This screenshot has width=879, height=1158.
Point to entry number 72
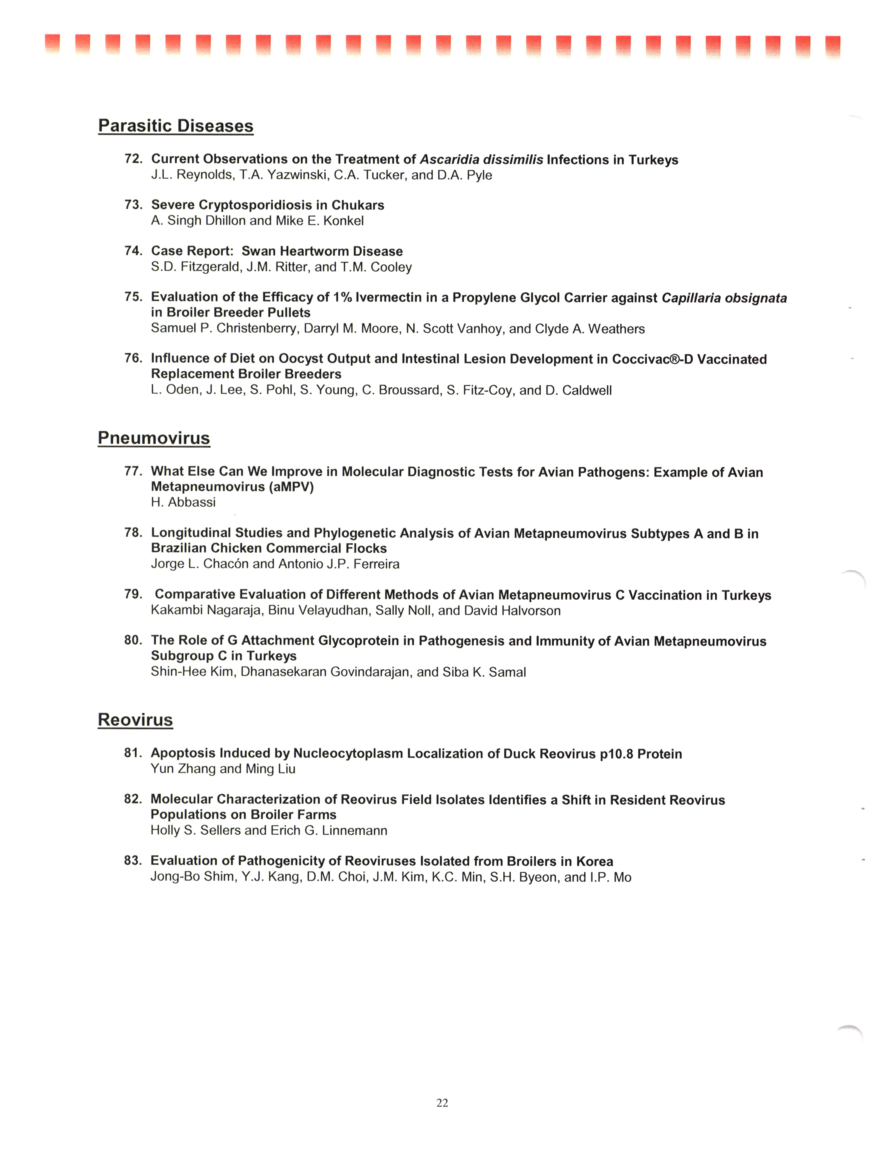tap(133, 159)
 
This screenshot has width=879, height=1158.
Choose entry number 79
tap(133, 594)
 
